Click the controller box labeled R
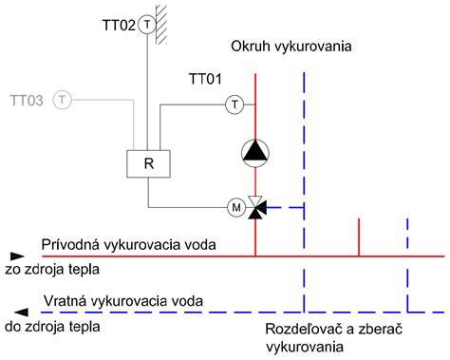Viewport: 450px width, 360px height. click(x=148, y=163)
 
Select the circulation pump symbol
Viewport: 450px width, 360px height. click(x=255, y=153)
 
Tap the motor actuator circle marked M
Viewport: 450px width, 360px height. click(x=236, y=208)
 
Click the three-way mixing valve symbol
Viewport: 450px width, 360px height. click(x=255, y=208)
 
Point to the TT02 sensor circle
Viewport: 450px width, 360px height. click(x=147, y=25)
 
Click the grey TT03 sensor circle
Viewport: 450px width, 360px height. click(x=63, y=100)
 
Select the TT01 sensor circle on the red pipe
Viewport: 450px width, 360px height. click(x=234, y=104)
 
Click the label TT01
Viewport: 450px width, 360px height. click(x=205, y=79)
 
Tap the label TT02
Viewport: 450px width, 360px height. click(x=119, y=25)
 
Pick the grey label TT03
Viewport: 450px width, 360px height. click(x=27, y=101)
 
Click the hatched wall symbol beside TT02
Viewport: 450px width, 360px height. click(x=161, y=22)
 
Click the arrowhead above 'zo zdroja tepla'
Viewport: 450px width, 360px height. click(x=17, y=256)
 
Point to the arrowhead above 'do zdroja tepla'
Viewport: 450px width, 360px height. click(x=21, y=313)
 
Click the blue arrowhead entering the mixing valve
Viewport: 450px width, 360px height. click(x=262, y=208)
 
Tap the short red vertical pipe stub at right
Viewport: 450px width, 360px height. click(x=359, y=237)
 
